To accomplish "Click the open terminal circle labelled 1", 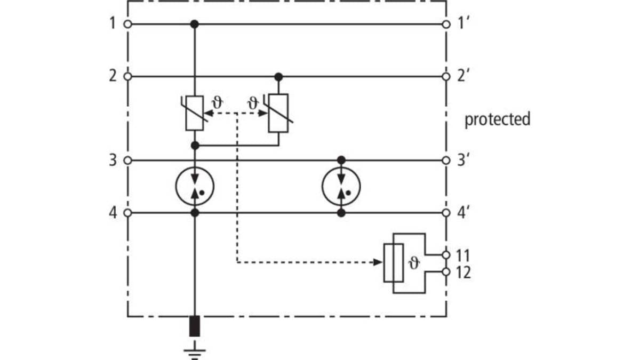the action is click(127, 25).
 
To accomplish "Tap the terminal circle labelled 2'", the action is click(446, 77).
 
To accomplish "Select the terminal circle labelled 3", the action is click(127, 161).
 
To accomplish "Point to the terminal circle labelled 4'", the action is click(446, 213).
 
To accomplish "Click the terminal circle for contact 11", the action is click(446, 255).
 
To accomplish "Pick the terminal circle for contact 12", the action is click(446, 272).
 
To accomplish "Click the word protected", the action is click(498, 119).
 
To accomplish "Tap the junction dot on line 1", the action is click(195, 25).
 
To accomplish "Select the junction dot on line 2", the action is click(278, 77).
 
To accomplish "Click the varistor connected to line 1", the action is click(195, 113).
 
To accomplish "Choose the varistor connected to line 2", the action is click(278, 113).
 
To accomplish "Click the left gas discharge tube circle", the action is click(176, 186).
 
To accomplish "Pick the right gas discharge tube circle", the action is click(322, 186).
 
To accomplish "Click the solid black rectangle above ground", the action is click(195, 326).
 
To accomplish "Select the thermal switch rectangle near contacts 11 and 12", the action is click(394, 263).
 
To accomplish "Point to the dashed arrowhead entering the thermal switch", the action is click(378, 262).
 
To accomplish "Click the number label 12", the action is click(463, 273).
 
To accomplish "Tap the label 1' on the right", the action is click(463, 23).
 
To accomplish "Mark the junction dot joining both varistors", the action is click(195, 146).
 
